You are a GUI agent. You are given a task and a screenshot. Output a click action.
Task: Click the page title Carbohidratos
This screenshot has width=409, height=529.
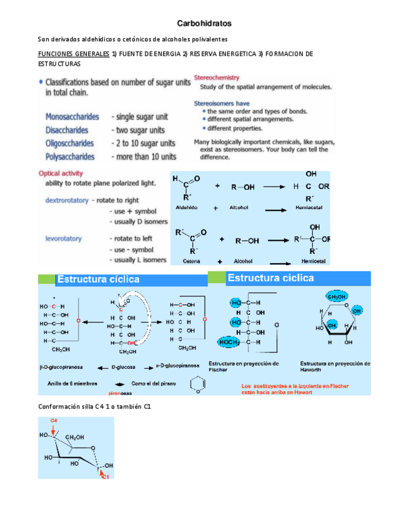click(204, 23)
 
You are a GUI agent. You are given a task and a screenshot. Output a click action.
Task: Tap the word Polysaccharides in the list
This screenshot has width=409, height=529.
click(70, 157)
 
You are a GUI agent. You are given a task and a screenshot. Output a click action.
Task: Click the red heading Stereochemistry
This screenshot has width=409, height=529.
click(216, 78)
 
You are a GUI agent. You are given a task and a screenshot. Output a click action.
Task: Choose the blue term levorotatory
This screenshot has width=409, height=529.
click(63, 238)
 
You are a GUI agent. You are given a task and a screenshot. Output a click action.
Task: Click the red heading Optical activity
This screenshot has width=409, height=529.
click(61, 173)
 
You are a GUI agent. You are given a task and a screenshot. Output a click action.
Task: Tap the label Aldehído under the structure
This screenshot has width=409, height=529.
click(186, 208)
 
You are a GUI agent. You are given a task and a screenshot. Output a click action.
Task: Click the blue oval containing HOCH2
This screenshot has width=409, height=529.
click(229, 342)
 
